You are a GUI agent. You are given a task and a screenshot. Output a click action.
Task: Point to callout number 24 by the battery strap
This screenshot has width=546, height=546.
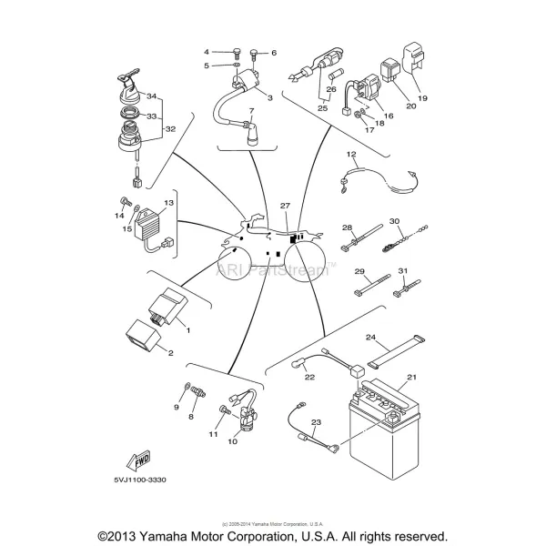click(x=371, y=337)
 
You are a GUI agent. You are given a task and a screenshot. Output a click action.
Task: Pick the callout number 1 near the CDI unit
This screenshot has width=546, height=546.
click(x=187, y=329)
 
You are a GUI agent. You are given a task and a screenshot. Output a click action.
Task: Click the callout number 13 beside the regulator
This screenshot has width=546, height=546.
click(x=168, y=204)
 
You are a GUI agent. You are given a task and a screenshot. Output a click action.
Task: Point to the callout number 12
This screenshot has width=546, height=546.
click(x=350, y=154)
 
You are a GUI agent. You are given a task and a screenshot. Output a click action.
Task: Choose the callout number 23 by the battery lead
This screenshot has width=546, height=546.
click(x=317, y=421)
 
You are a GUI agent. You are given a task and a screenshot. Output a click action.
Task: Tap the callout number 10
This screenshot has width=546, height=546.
click(x=232, y=441)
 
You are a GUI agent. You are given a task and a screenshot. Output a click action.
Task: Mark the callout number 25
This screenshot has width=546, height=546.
click(x=322, y=107)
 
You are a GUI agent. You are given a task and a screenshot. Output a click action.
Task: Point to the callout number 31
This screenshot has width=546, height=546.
click(x=403, y=271)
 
